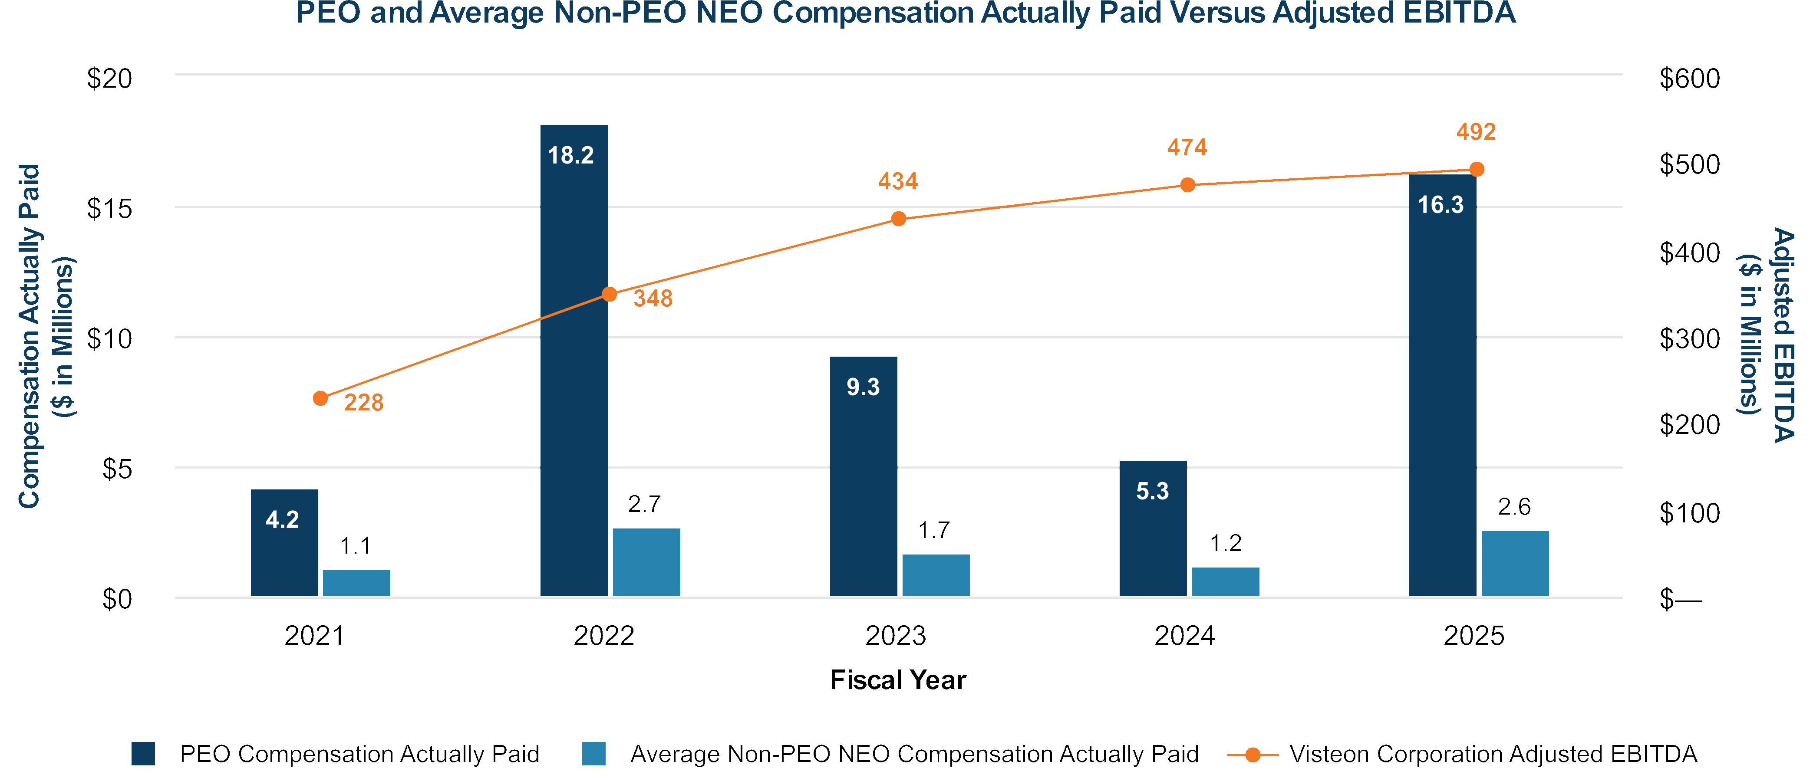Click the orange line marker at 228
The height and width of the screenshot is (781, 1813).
tap(320, 398)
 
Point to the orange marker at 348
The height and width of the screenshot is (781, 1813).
tap(610, 294)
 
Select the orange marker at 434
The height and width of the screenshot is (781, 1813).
tap(899, 219)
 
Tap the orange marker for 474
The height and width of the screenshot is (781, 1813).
tap(1188, 185)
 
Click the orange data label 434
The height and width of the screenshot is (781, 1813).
tap(898, 181)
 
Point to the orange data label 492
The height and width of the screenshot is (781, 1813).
tap(1476, 131)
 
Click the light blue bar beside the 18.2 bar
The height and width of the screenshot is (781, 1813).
tap(646, 562)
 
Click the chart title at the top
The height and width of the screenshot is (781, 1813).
tap(906, 13)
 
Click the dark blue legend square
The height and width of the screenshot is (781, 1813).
tap(143, 754)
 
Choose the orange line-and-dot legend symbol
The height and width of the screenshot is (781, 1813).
tap(1253, 755)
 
